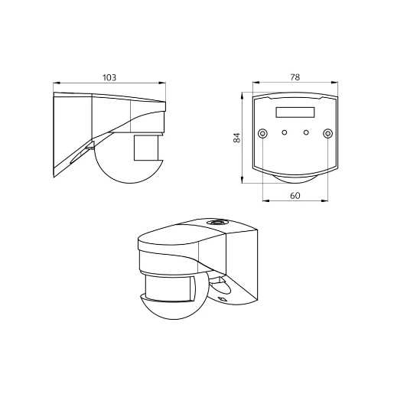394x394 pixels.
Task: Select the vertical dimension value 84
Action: tap(237, 138)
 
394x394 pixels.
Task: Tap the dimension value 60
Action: tap(295, 196)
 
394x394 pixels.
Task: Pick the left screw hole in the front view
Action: tap(262, 134)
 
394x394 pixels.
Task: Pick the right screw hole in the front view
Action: tap(328, 134)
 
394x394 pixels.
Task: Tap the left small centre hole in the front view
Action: tap(284, 133)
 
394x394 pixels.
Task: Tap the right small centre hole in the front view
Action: tap(306, 133)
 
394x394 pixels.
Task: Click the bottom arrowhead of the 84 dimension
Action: tap(243, 181)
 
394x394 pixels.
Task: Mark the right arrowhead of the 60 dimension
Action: tap(328, 201)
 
